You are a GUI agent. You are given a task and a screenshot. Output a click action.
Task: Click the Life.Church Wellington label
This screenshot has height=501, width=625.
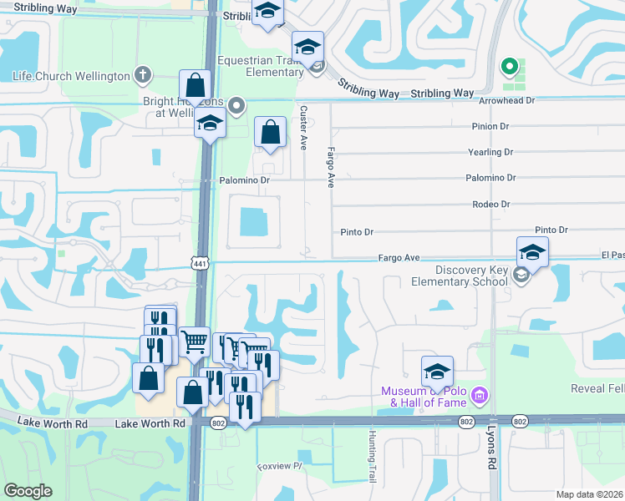[71, 76]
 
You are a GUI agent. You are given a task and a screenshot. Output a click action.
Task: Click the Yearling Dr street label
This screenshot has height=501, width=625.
[490, 152]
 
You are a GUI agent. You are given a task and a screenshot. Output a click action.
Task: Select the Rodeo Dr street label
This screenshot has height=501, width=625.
[490, 204]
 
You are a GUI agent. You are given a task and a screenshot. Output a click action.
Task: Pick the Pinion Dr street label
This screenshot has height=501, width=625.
[490, 126]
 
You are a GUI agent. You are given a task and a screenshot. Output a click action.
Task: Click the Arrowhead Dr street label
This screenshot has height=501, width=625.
[506, 100]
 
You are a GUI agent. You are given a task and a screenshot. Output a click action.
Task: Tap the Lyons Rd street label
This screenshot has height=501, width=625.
[492, 449]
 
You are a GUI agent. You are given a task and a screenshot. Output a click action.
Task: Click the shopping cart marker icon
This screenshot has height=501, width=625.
[194, 340]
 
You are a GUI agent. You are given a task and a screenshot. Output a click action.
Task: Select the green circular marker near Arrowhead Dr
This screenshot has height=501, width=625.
[506, 66]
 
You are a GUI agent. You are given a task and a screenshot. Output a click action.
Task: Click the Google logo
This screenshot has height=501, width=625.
[28, 491]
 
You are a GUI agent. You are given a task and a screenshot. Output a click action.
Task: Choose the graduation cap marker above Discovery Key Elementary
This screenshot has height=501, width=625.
[532, 251]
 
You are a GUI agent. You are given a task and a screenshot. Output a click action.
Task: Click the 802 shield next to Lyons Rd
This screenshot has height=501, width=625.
[521, 423]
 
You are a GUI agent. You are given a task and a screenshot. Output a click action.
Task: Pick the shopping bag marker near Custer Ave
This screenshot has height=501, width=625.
[270, 132]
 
